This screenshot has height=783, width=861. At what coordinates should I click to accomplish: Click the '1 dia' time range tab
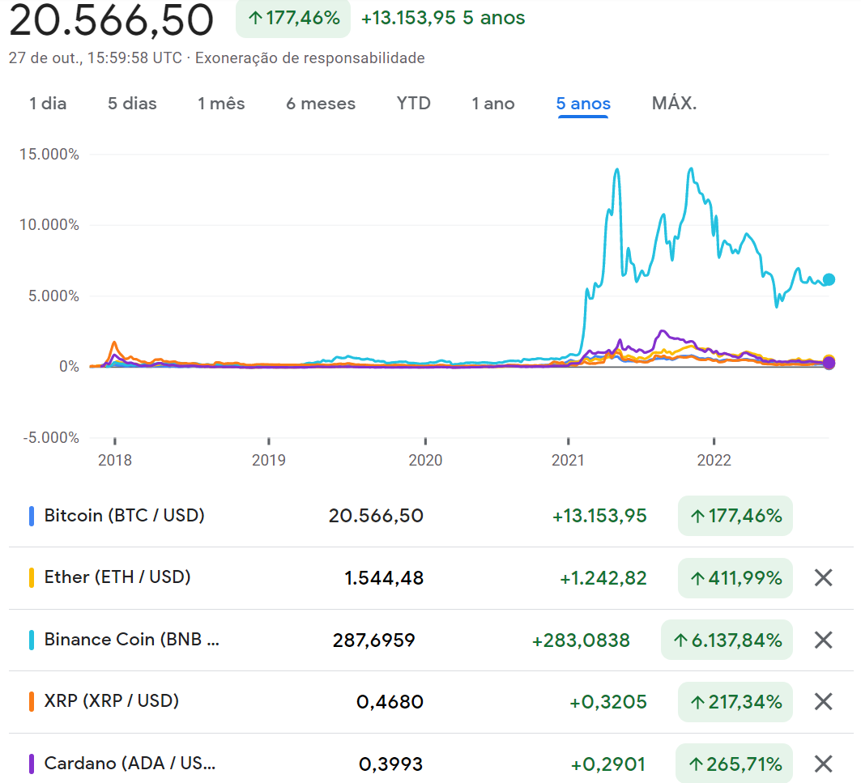[x=48, y=104]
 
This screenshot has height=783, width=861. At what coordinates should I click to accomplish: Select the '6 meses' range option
[x=321, y=104]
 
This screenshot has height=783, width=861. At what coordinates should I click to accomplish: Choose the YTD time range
[x=413, y=104]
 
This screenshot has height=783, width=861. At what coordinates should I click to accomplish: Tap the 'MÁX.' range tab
[x=674, y=104]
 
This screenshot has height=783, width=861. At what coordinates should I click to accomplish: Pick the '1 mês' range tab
[x=221, y=104]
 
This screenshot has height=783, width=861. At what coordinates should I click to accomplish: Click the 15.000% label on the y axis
[x=49, y=154]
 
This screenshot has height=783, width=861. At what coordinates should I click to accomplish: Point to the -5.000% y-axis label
[x=49, y=438]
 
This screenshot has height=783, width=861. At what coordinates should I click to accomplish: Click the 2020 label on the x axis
[x=425, y=461]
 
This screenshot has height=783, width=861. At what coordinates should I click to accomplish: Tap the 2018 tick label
[x=115, y=461]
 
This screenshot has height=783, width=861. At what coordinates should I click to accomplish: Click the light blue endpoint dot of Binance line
[x=829, y=280]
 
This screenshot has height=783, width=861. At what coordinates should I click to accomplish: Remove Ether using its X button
[x=823, y=577]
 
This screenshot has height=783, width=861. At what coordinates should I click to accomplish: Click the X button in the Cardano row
[x=823, y=764]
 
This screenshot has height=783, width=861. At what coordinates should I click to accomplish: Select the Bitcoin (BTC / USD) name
[x=124, y=515]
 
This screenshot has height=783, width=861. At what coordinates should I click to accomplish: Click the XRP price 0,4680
[x=390, y=701]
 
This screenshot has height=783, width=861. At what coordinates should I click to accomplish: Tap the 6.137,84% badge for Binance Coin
[x=727, y=640]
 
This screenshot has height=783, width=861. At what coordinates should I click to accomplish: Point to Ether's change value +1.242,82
[x=603, y=578]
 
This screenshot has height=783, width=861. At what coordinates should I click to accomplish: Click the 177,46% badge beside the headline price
[x=293, y=18]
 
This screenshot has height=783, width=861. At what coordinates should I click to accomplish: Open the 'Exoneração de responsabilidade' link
[x=309, y=58]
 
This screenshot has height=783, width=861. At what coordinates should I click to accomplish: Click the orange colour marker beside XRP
[x=31, y=701]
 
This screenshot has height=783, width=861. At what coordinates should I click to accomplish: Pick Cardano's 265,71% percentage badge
[x=734, y=764]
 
